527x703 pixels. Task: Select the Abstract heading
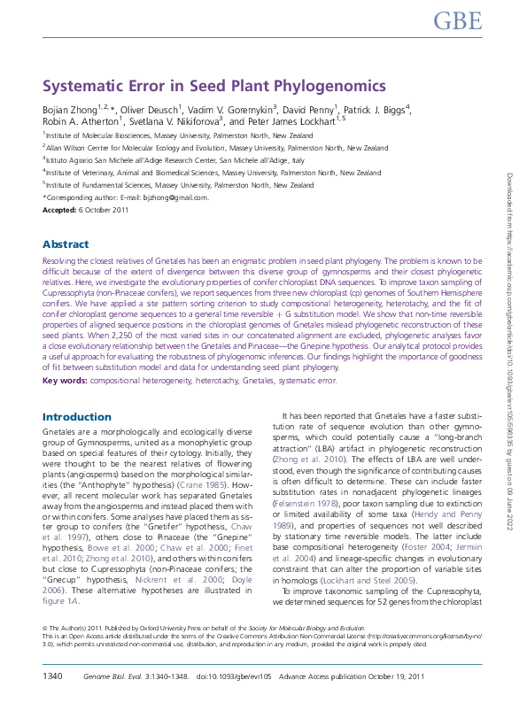click(66, 244)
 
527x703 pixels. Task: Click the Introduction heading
click(77, 416)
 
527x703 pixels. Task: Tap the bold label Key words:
click(65, 381)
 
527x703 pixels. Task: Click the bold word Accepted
click(59, 209)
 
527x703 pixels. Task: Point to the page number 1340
click(52, 677)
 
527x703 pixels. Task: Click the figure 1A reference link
click(60, 599)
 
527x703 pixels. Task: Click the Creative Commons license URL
click(399, 636)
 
